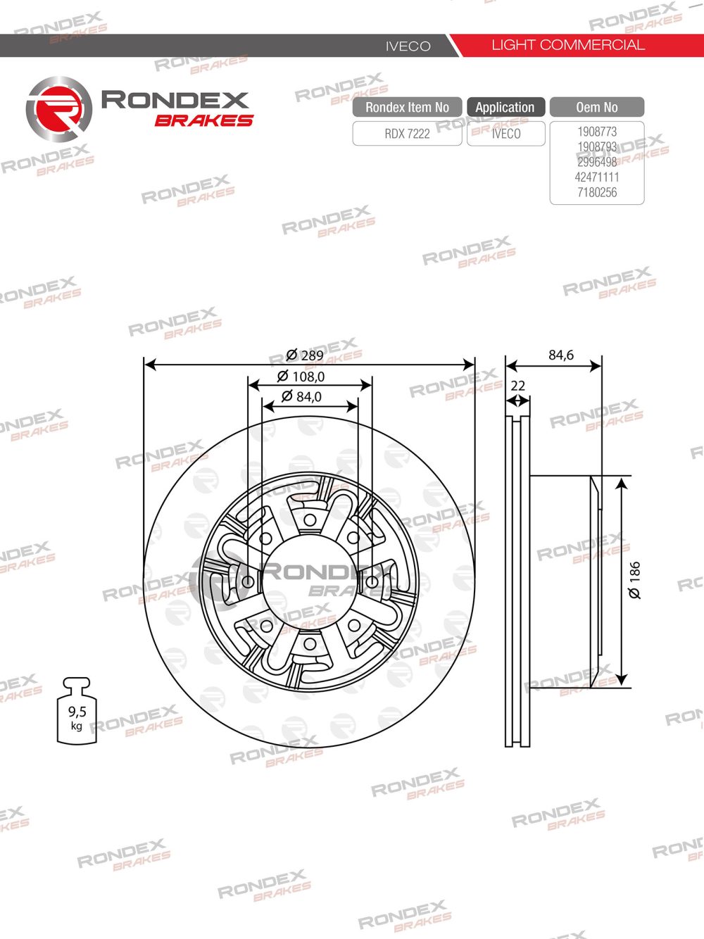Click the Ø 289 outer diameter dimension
click(x=305, y=355)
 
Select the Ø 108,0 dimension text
click(x=301, y=377)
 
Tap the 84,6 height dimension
click(x=561, y=355)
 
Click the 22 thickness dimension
click(x=517, y=386)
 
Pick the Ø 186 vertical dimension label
click(x=635, y=580)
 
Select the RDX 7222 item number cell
click(x=407, y=134)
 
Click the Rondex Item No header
click(x=407, y=107)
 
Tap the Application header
click(x=505, y=107)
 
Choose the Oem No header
click(x=596, y=107)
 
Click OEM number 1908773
click(x=597, y=132)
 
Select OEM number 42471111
click(x=597, y=177)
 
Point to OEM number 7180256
click(x=597, y=192)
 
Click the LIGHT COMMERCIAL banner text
click(x=567, y=45)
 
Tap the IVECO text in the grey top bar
click(x=408, y=46)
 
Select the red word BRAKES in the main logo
click(x=203, y=120)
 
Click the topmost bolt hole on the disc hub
click(x=309, y=521)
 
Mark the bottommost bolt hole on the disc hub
click(x=309, y=643)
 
